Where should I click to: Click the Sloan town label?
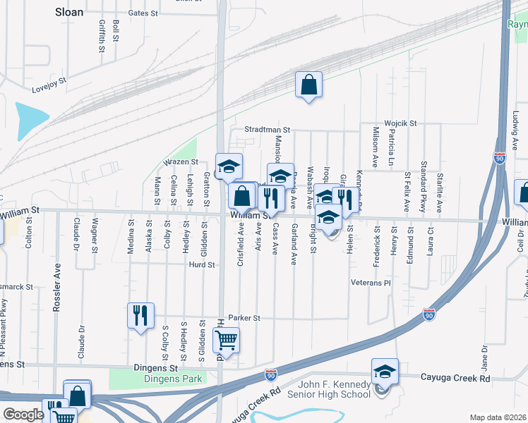(68, 11)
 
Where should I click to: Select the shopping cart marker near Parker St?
(227, 341)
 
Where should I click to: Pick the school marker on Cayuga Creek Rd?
(385, 372)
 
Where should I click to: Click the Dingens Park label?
(173, 379)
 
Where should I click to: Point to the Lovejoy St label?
(49, 85)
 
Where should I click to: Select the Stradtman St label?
(268, 130)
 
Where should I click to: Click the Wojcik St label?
(400, 123)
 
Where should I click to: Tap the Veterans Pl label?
(371, 282)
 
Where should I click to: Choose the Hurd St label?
(201, 265)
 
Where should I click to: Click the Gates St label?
(143, 13)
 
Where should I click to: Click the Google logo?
(23, 415)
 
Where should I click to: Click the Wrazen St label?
(181, 162)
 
